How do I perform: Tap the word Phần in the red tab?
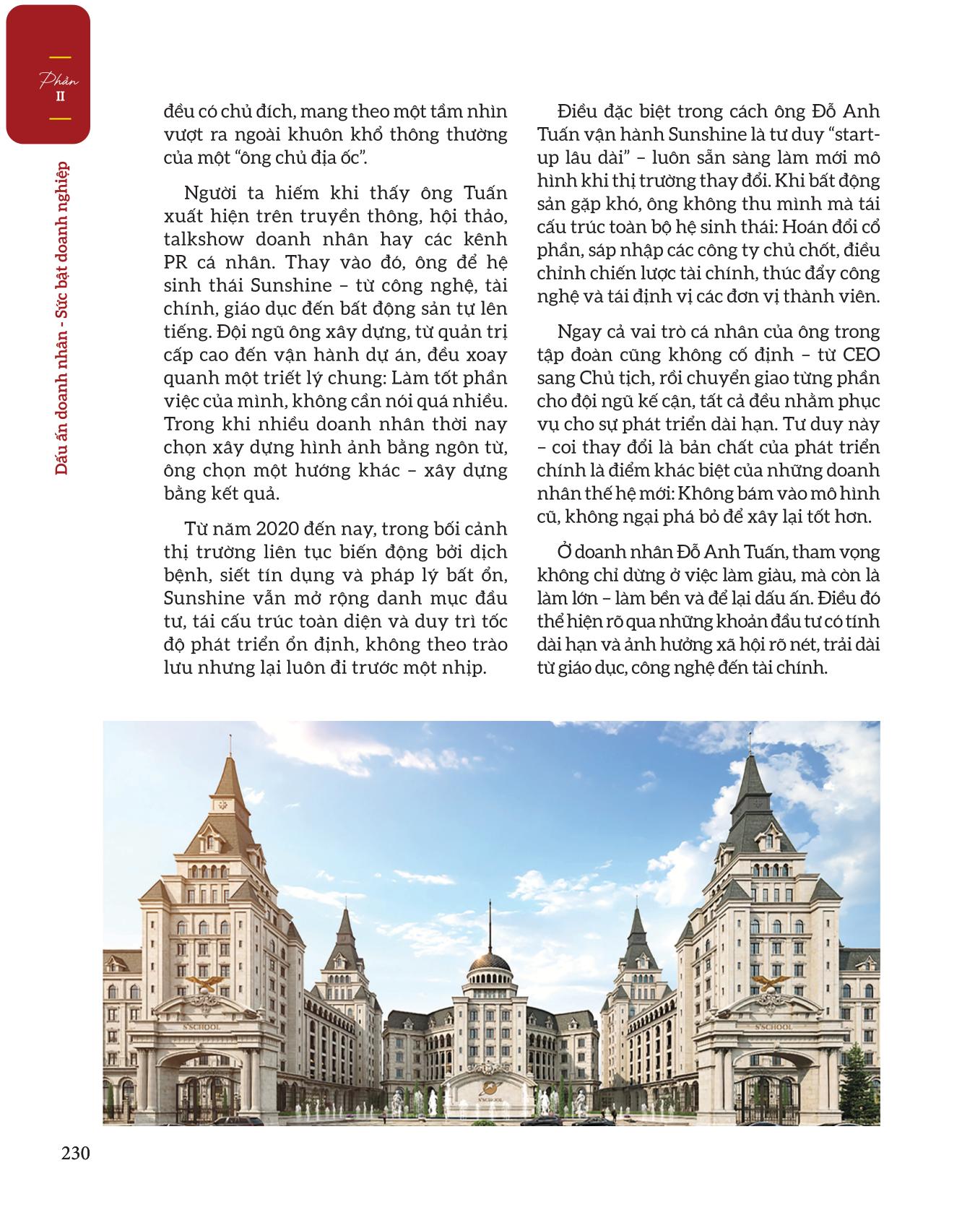[58, 81]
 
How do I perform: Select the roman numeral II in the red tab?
[60, 97]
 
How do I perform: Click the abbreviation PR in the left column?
[176, 263]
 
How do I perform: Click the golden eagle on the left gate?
[201, 983]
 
